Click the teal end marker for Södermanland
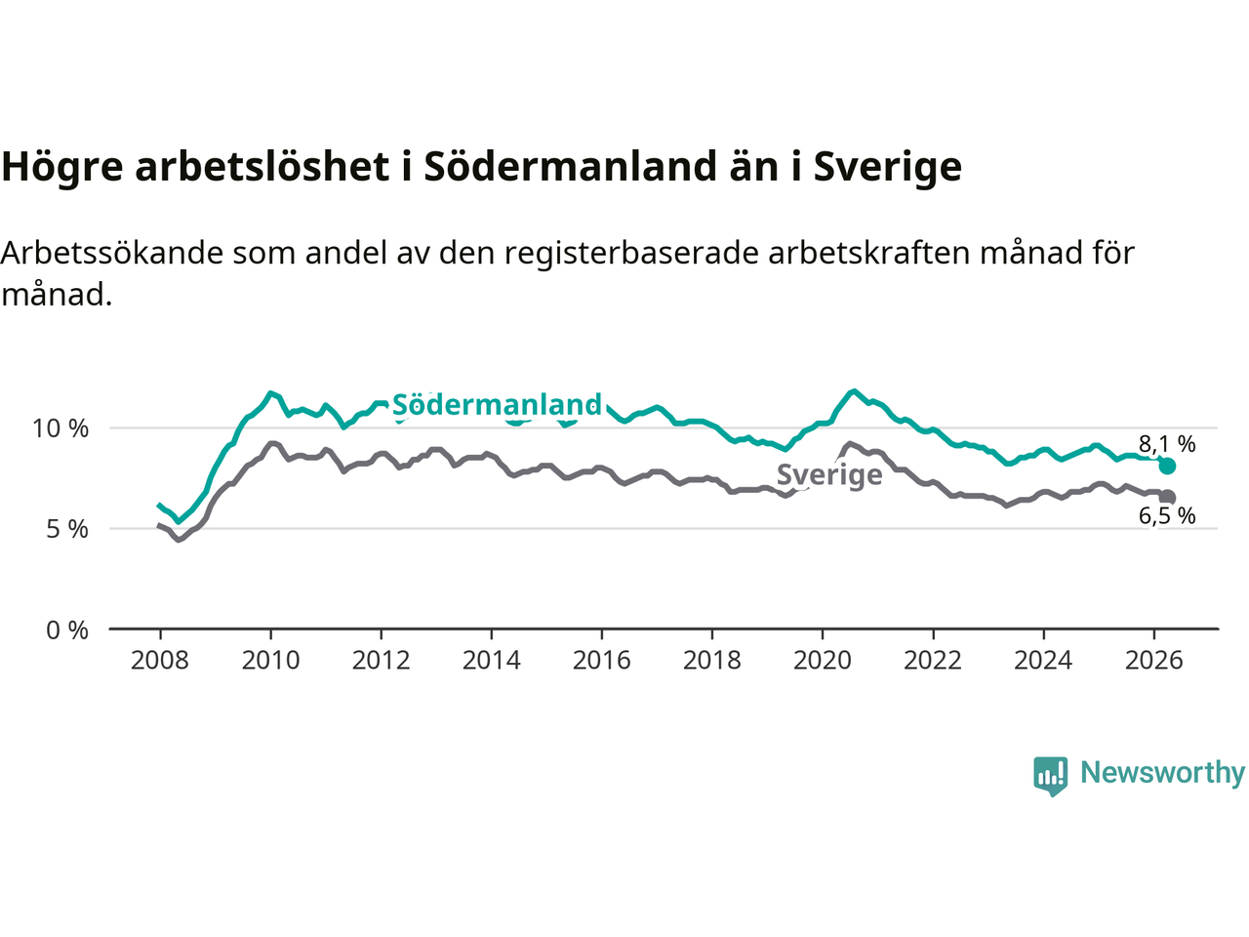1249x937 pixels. click(x=1167, y=466)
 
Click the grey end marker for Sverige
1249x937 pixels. click(x=1168, y=497)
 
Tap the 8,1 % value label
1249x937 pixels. click(x=1167, y=444)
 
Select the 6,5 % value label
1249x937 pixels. click(x=1167, y=515)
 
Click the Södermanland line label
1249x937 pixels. click(x=497, y=404)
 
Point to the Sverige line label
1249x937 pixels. click(x=829, y=474)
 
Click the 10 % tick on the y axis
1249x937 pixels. click(x=60, y=428)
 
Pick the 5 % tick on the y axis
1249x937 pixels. click(x=67, y=530)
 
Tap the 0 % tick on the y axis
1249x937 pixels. click(x=67, y=631)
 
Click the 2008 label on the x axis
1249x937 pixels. click(x=160, y=661)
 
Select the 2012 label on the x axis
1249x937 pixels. click(x=381, y=661)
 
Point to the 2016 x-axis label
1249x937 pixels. click(x=601, y=661)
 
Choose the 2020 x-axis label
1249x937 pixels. click(x=823, y=661)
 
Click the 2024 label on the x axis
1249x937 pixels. click(x=1043, y=661)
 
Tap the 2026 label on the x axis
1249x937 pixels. click(x=1153, y=661)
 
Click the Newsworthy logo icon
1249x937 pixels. click(x=1050, y=776)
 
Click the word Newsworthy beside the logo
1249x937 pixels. click(x=1162, y=773)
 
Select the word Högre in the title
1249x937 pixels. click(x=62, y=167)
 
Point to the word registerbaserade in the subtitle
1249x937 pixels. click(x=631, y=253)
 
